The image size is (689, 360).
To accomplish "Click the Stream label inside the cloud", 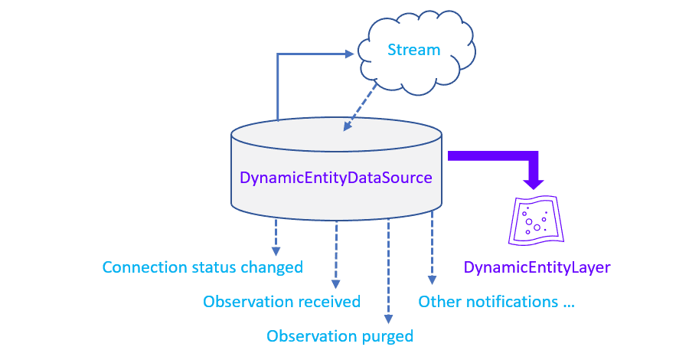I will (414, 51).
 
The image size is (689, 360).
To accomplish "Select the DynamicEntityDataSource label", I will (336, 178).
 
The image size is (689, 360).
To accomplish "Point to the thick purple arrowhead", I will (534, 183).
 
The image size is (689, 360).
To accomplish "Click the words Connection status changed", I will (203, 267).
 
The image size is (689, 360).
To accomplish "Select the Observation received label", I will (282, 302).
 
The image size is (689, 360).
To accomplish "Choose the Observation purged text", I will (340, 336).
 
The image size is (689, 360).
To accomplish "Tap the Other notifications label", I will (496, 302).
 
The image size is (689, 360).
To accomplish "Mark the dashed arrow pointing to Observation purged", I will (389, 268).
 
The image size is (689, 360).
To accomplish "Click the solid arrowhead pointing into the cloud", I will (351, 54).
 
